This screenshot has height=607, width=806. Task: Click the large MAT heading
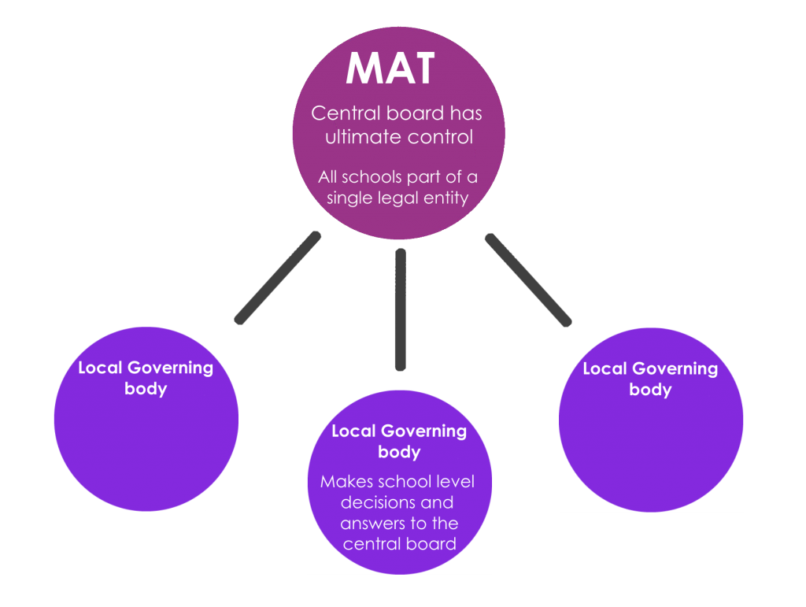(390, 69)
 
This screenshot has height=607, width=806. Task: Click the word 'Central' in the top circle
(340, 113)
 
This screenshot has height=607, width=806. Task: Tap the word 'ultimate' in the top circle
(360, 137)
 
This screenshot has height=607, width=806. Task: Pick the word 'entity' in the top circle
(447, 198)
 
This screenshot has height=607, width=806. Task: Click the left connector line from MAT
(278, 277)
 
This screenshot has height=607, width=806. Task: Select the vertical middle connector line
(400, 309)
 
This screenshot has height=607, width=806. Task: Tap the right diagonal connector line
(527, 279)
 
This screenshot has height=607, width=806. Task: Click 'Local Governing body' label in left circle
(146, 378)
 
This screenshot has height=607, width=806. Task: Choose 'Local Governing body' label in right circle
(650, 379)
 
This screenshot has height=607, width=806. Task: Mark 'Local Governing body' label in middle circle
(399, 441)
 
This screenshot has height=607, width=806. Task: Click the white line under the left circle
(146, 511)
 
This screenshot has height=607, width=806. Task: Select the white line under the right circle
(651, 512)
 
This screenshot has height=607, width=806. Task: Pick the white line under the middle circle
(399, 574)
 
